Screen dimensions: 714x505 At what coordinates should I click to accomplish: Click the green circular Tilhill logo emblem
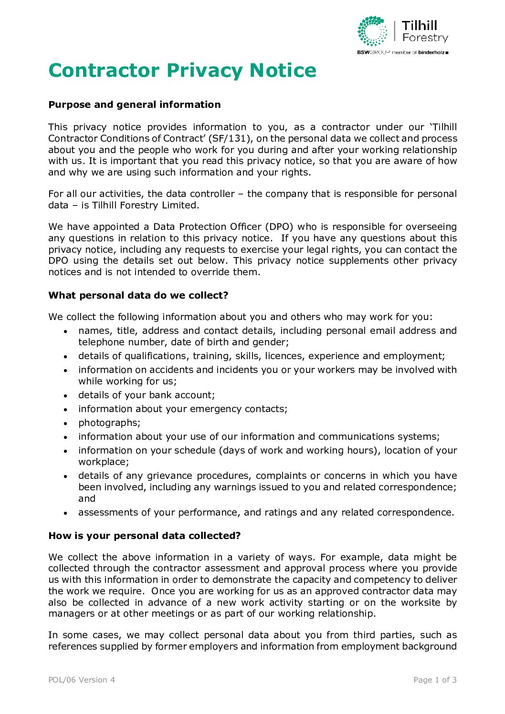click(373, 31)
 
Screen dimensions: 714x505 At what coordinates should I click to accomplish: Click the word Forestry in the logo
click(425, 38)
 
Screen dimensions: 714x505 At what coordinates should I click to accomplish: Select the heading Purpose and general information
click(135, 104)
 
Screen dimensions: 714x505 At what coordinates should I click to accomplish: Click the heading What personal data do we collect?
click(138, 295)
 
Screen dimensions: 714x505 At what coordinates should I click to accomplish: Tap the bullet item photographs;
click(109, 423)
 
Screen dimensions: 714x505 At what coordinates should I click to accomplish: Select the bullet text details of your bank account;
click(147, 395)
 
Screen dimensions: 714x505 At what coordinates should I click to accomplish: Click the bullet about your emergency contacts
click(183, 409)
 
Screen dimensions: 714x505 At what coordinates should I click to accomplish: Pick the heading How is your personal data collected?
click(145, 536)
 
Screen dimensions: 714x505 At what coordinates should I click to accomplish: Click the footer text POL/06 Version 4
click(82, 680)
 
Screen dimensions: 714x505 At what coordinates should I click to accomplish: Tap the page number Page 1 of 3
click(435, 680)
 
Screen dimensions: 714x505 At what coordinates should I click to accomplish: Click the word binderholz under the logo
click(431, 52)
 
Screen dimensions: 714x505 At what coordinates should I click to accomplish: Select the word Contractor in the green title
click(104, 71)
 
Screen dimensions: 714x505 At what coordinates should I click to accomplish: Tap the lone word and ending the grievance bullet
click(87, 498)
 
